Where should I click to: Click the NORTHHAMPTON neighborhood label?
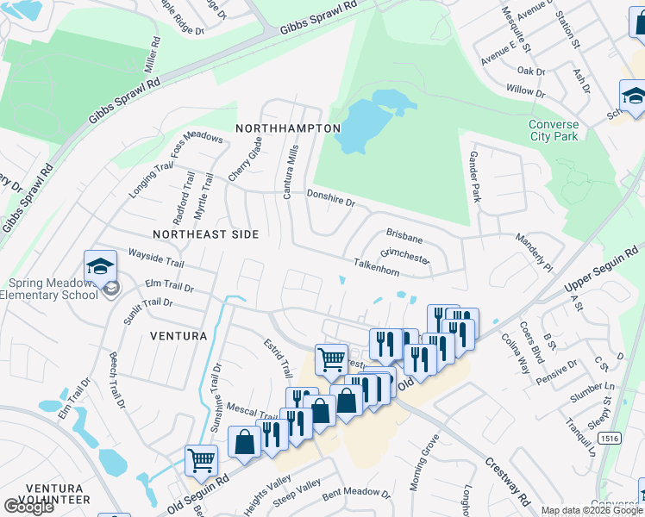[288, 128]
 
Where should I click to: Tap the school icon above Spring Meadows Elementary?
[99, 265]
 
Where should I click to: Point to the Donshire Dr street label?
[331, 197]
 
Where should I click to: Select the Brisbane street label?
[404, 234]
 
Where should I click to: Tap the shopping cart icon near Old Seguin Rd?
[202, 460]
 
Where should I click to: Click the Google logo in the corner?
[28, 507]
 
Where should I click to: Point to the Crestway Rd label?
[506, 483]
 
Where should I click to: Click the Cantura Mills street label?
[291, 172]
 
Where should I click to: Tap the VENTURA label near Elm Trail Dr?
[178, 335]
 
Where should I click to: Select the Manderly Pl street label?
[534, 250]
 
